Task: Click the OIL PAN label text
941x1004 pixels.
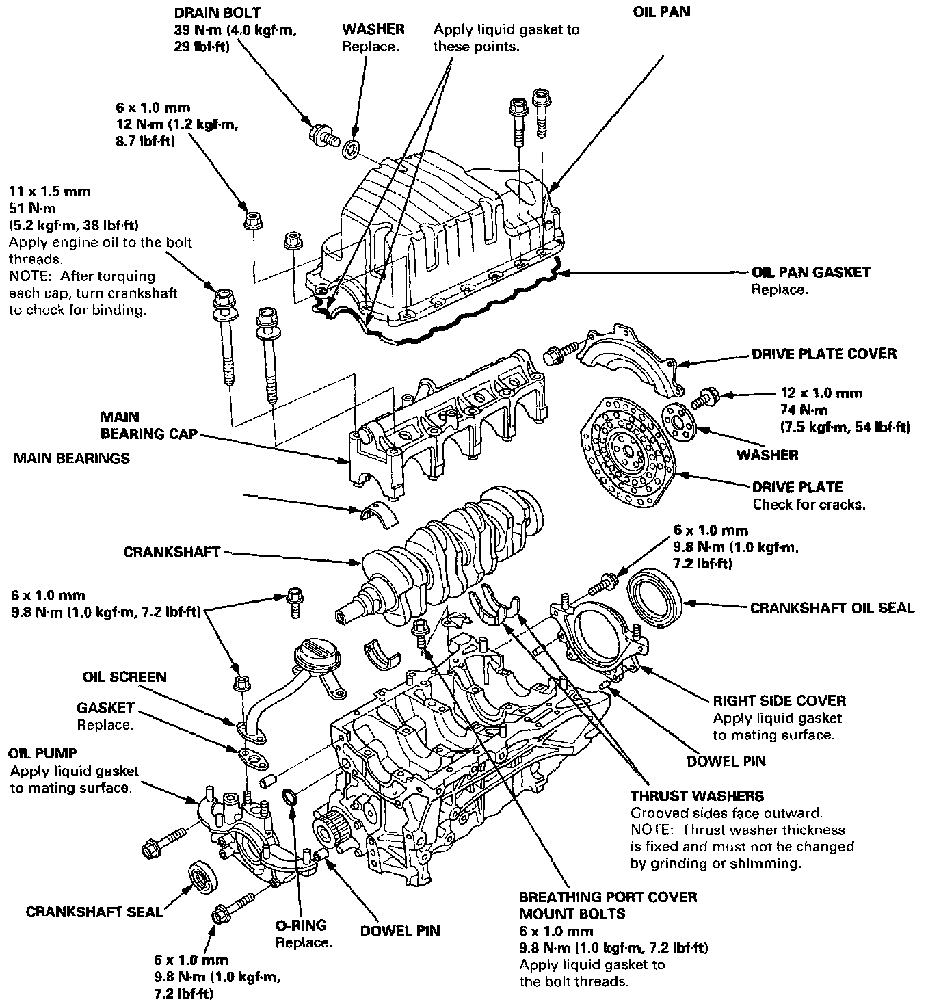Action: pyautogui.click(x=661, y=12)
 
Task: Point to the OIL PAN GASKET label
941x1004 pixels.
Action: pyautogui.click(x=810, y=272)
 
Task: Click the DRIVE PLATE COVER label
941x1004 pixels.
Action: pyautogui.click(x=823, y=354)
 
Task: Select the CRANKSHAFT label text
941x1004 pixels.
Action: pyautogui.click(x=172, y=552)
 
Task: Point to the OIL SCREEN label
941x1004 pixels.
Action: pyautogui.click(x=124, y=677)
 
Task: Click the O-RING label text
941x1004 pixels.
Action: pyautogui.click(x=301, y=926)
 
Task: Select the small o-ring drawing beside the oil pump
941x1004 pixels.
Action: pyautogui.click(x=290, y=796)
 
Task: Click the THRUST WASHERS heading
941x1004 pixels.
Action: pyautogui.click(x=697, y=796)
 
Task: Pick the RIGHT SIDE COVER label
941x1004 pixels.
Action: pyautogui.click(x=779, y=701)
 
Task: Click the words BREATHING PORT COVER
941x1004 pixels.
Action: pyautogui.click(x=608, y=897)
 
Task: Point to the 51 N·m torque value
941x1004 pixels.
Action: pyautogui.click(x=32, y=209)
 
